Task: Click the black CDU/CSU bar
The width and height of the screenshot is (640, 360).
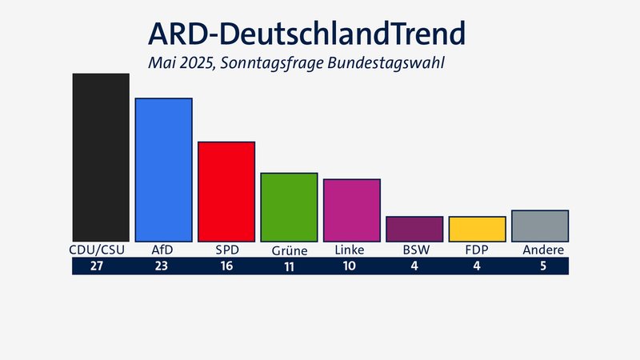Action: coord(101,158)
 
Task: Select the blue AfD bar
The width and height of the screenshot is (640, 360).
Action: coord(163,170)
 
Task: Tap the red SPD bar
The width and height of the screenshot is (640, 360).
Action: coord(226,192)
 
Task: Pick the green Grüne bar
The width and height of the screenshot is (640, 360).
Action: coord(289,207)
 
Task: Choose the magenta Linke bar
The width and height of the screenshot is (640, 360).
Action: coord(351,210)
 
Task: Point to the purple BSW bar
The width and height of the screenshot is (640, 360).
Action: coord(414,229)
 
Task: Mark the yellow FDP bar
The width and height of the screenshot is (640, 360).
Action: coord(477,229)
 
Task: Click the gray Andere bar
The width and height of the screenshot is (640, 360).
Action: coord(539,226)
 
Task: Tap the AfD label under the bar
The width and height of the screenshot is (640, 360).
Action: coord(162,250)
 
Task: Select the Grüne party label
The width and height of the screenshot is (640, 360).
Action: coord(289,251)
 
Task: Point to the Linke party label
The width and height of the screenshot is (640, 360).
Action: coord(351,250)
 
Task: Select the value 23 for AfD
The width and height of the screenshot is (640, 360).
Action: coord(163,266)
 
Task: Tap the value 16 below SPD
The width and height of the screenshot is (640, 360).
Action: coord(226,266)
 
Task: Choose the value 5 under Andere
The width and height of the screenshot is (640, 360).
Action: coord(543,266)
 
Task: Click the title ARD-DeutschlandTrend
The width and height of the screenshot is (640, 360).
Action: coord(306,34)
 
